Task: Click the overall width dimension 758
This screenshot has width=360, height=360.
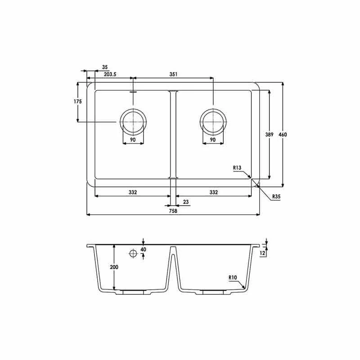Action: tap(173, 211)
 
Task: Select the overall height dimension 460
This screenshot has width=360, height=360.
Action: tap(283, 135)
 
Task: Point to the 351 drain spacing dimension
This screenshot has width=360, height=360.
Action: tap(173, 74)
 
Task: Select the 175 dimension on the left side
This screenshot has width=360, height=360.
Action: tap(78, 102)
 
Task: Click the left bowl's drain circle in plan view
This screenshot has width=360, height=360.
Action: tap(133, 121)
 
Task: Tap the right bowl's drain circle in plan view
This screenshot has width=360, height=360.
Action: tap(213, 121)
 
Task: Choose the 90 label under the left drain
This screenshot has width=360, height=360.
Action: tap(133, 140)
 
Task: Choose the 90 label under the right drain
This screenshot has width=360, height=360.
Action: tap(213, 140)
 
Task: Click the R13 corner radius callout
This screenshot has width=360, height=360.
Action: tap(238, 168)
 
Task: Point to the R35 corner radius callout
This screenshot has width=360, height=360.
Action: tap(276, 196)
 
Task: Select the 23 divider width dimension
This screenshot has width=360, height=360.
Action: tap(186, 202)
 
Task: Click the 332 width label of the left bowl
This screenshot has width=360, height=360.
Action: tap(133, 192)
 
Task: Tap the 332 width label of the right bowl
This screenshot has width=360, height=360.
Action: tap(213, 192)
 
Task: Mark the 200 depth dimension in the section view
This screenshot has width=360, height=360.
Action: tap(114, 267)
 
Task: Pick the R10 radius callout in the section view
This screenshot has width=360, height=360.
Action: tap(233, 278)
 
